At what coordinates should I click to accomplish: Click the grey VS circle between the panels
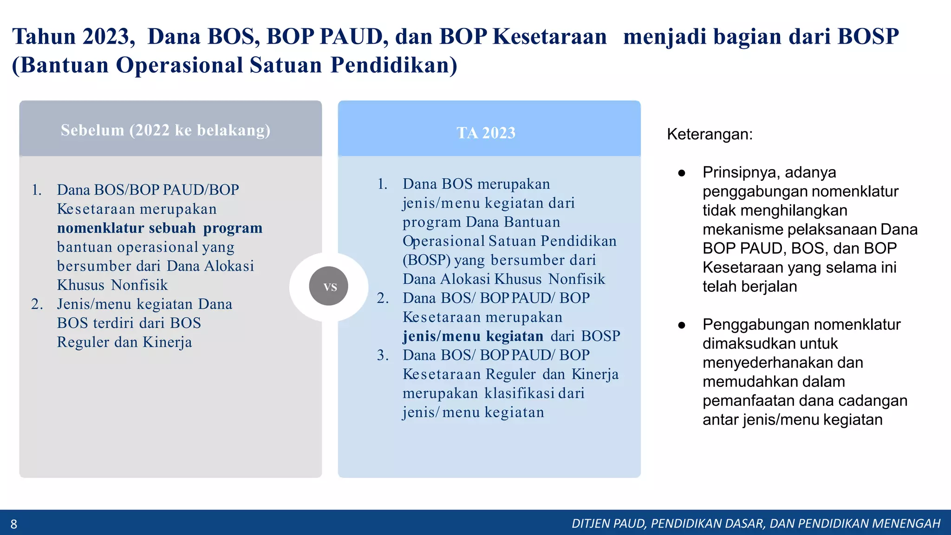coord(329,286)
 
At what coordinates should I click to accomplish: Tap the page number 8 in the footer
coord(14,524)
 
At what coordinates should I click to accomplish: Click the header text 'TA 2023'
coord(486,133)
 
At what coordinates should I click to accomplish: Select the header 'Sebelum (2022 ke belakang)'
coord(165,130)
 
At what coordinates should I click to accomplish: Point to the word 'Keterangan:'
coord(710,135)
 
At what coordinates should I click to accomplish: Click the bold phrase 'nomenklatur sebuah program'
coord(159,228)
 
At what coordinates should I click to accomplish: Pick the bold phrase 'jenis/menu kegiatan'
coord(473,336)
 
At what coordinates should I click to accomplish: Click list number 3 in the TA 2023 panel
coord(383,355)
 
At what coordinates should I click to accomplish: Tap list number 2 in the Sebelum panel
coord(37,304)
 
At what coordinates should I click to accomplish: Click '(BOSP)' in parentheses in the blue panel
coord(426,260)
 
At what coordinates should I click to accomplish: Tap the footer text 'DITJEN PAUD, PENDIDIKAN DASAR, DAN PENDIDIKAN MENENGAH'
coord(756,524)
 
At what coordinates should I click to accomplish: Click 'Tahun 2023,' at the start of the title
coord(73,37)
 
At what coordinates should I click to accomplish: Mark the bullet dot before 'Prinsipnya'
coord(682,173)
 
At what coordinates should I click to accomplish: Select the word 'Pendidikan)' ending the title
coord(394,65)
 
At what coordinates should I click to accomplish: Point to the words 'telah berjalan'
coord(749,287)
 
